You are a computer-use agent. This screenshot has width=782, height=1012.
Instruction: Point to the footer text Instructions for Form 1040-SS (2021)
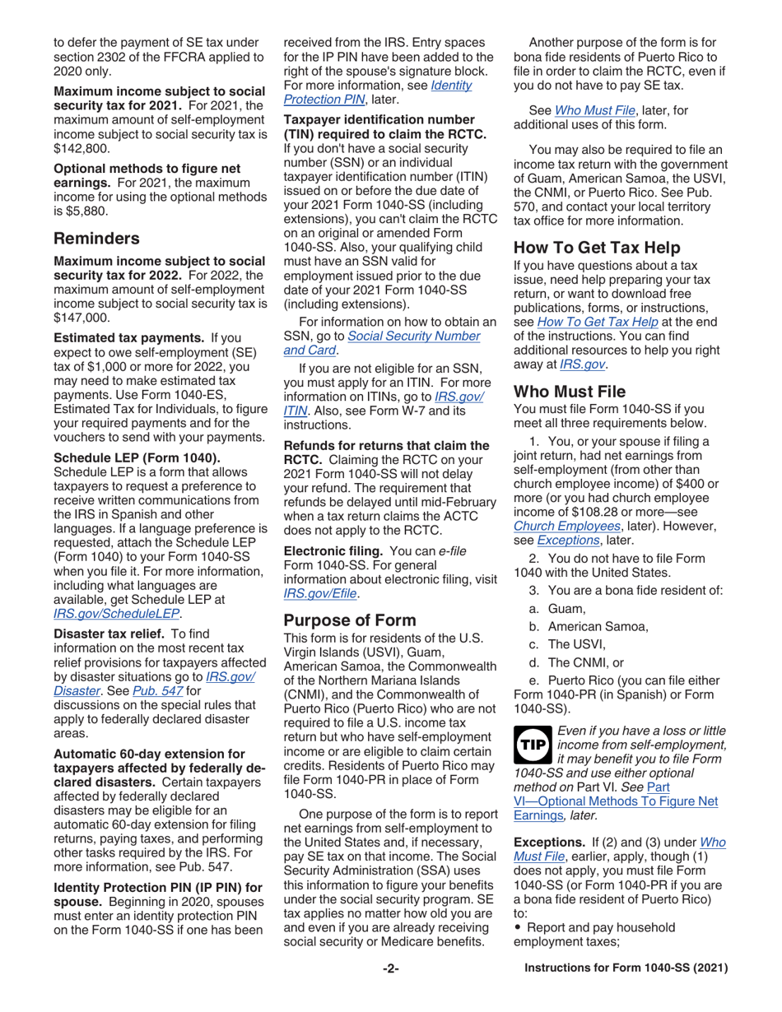626,968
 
